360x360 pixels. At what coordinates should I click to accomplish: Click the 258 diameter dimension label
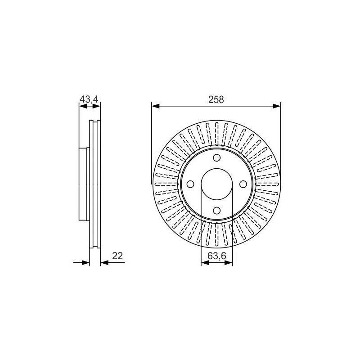coord(216,99)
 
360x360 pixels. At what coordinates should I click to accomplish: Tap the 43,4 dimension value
coord(89,99)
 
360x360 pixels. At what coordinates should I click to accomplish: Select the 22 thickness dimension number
coord(117,256)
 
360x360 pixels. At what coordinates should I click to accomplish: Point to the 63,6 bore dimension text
coord(217,256)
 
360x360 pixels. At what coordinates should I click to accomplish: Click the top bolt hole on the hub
coord(217,158)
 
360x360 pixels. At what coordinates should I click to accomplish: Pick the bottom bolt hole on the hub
coord(217,210)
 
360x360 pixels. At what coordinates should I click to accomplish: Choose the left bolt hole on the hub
coord(190,184)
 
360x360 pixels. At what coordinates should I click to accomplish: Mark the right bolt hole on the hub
coord(243,184)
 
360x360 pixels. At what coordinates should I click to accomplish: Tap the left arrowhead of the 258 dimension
coord(156,106)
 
